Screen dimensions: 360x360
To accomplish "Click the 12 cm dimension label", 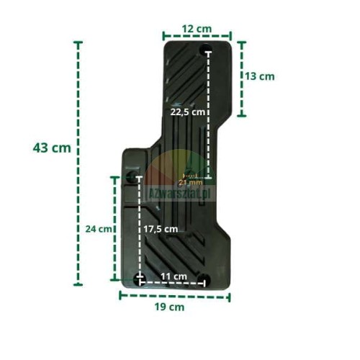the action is point(197,29).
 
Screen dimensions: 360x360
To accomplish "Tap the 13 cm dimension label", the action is point(260,76).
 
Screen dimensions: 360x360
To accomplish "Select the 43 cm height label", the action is point(52,148).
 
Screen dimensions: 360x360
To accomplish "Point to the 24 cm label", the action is point(99,229).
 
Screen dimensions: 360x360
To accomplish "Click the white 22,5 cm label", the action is point(188,112).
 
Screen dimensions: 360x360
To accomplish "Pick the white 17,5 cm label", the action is point(161,229).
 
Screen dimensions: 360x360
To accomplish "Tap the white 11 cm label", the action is point(174,276).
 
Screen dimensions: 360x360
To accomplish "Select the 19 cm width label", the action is point(169,307).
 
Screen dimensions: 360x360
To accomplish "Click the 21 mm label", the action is point(191,183).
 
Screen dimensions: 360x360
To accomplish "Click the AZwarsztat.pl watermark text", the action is point(180,193).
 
